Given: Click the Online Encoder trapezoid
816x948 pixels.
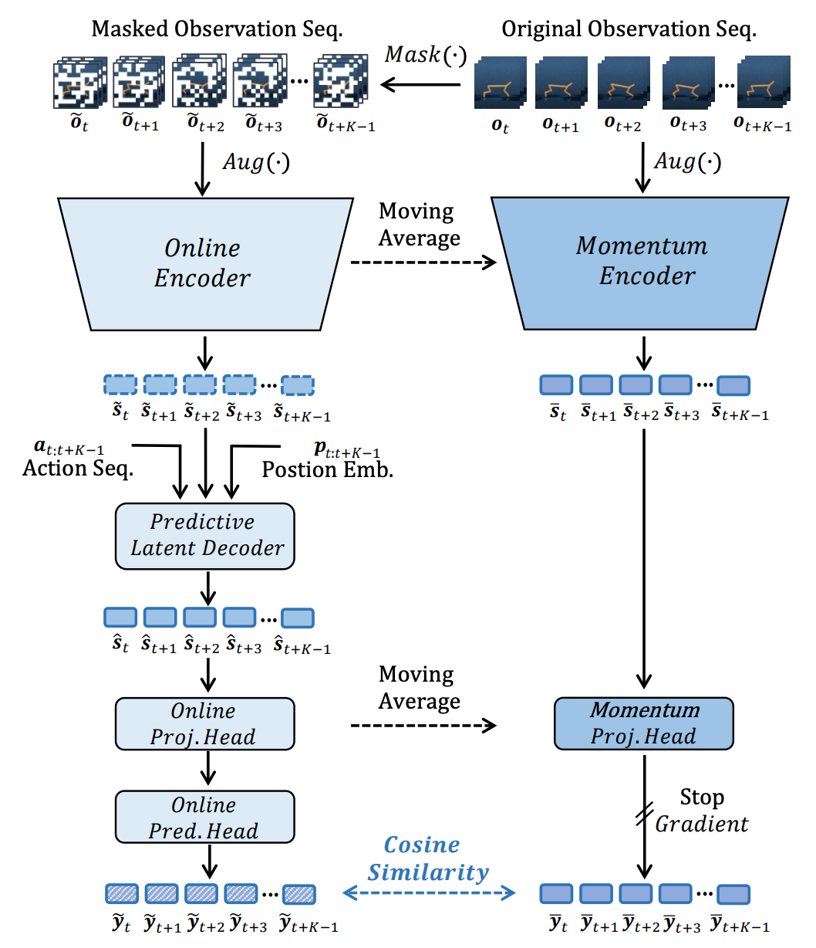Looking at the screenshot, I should (x=203, y=262).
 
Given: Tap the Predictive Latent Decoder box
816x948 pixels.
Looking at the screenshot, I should (x=205, y=535).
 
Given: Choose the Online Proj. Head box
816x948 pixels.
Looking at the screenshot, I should (x=204, y=723).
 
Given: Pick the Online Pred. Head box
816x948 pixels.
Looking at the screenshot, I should (x=204, y=818).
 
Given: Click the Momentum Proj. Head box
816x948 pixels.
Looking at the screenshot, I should (x=644, y=723).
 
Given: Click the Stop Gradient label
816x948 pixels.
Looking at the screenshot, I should (x=702, y=811).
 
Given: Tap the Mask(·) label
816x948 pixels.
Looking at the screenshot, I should (x=426, y=55).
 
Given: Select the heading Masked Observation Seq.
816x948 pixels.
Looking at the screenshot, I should (x=217, y=29).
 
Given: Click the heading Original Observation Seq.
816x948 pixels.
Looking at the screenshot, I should (x=629, y=29).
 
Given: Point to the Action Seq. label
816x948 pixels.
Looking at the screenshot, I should (x=77, y=468).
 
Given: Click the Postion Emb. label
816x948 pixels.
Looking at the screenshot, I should (x=328, y=469).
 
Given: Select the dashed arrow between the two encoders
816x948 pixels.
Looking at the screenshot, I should (x=423, y=263).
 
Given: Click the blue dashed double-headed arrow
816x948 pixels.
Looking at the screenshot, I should (x=429, y=894).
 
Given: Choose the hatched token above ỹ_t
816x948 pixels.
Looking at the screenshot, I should (x=121, y=894).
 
